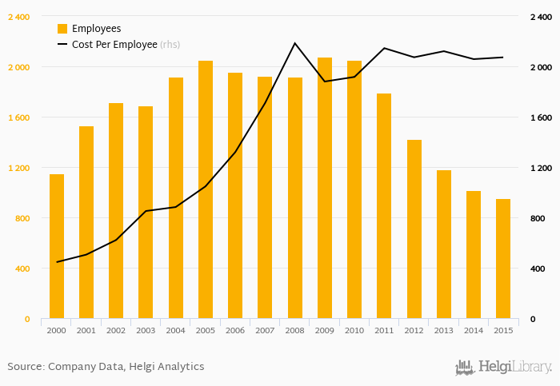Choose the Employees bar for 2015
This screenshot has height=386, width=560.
[x=503, y=259]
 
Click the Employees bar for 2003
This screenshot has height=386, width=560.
[x=146, y=213]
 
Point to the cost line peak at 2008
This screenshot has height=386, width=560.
[x=294, y=43]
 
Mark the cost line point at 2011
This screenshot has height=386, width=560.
[x=384, y=49]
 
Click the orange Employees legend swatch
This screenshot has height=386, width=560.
[x=62, y=29]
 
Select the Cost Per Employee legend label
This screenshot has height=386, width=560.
[x=114, y=45]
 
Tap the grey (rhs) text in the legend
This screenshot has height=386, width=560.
[x=170, y=45]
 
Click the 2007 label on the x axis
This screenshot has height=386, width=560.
[x=265, y=330]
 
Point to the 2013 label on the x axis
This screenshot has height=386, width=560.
[x=443, y=330]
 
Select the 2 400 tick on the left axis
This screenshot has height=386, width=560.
[x=18, y=17]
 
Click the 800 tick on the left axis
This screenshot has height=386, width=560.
[x=22, y=218]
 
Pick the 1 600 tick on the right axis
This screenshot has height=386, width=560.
[x=540, y=117]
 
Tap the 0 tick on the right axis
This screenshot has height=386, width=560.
[x=532, y=319]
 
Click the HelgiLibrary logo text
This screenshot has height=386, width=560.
[x=514, y=368]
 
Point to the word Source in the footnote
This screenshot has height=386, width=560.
[x=25, y=367]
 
